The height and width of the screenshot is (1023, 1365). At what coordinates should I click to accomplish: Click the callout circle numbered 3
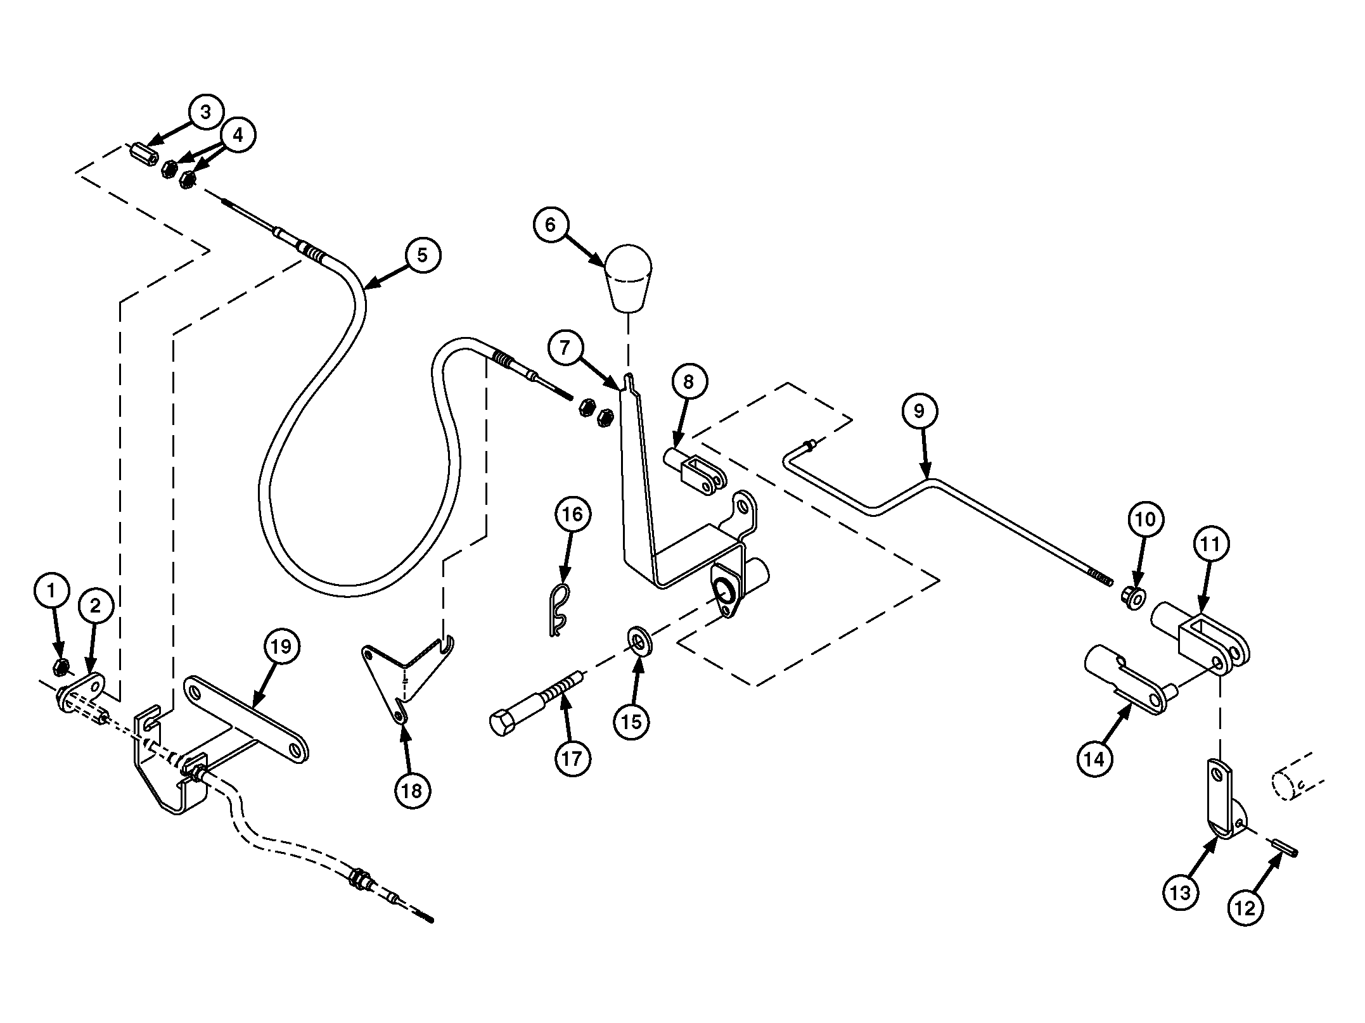point(205,112)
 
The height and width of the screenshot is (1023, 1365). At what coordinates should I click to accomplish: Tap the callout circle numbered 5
point(422,255)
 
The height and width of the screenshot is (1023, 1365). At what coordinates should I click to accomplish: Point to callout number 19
point(281,647)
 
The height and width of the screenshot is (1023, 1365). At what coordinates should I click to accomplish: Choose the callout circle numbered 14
point(1094,758)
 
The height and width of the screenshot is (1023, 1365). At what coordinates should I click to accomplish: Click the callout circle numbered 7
point(565,346)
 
